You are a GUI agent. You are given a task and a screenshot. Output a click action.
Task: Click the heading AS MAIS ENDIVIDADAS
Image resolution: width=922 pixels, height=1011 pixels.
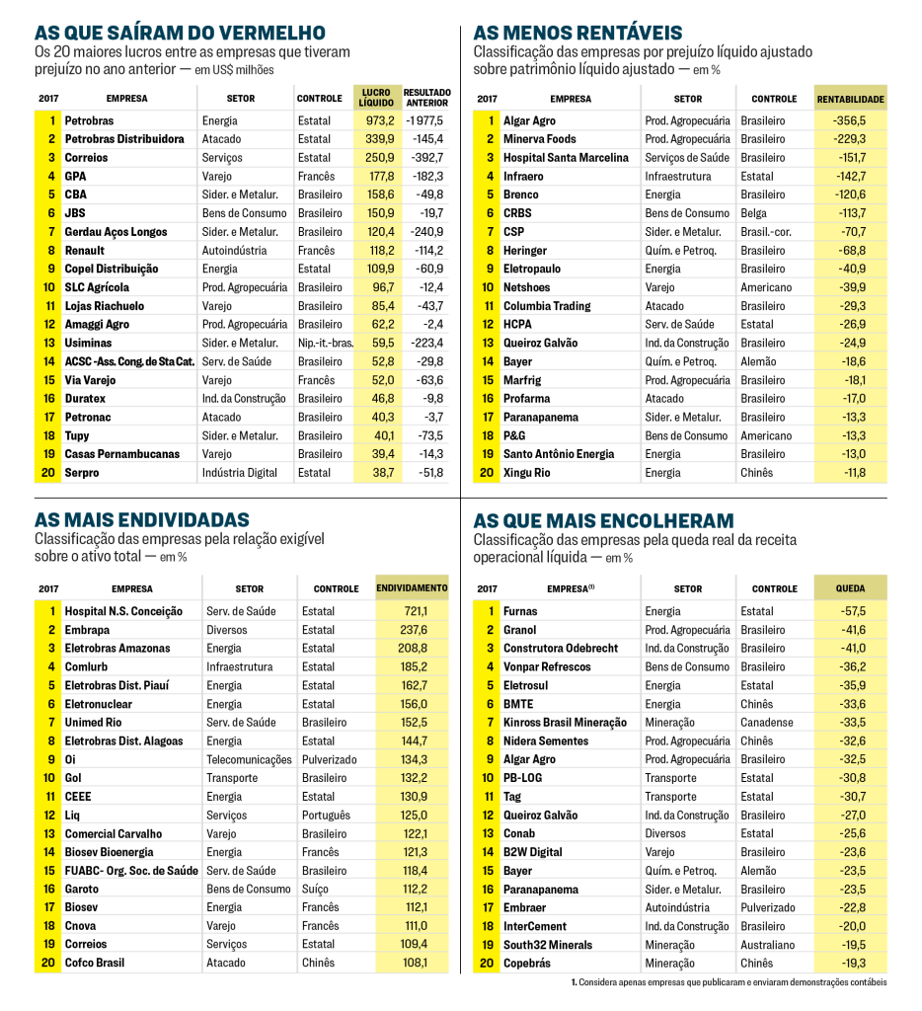[142, 520]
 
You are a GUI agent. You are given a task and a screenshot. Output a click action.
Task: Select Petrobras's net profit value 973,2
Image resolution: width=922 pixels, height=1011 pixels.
[379, 120]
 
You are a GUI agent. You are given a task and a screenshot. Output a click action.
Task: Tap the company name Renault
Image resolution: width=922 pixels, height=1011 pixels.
[85, 251]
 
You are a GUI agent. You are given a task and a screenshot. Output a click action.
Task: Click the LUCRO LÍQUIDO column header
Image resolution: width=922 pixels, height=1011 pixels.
[376, 98]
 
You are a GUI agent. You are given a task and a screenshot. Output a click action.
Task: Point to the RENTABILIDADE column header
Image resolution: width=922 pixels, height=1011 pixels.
[850, 99]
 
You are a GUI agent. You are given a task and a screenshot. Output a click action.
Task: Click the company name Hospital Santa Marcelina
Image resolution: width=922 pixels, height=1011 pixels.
[566, 158]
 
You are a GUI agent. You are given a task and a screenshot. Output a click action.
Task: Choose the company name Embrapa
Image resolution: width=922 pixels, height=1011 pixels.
[87, 630]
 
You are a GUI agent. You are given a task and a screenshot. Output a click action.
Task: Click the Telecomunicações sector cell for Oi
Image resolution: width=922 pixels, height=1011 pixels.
[249, 760]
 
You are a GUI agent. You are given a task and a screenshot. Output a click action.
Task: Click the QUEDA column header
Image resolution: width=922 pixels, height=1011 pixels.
[850, 588]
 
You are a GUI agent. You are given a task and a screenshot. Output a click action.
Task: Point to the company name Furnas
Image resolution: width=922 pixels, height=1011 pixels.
[520, 611]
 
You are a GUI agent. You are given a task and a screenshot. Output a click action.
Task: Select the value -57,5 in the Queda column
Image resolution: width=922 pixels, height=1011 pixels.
[849, 611]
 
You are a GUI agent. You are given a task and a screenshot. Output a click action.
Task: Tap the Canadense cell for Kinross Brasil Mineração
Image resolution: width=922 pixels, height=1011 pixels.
[767, 723]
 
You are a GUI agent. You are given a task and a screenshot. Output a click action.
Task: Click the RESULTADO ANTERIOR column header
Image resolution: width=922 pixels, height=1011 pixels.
[426, 98]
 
